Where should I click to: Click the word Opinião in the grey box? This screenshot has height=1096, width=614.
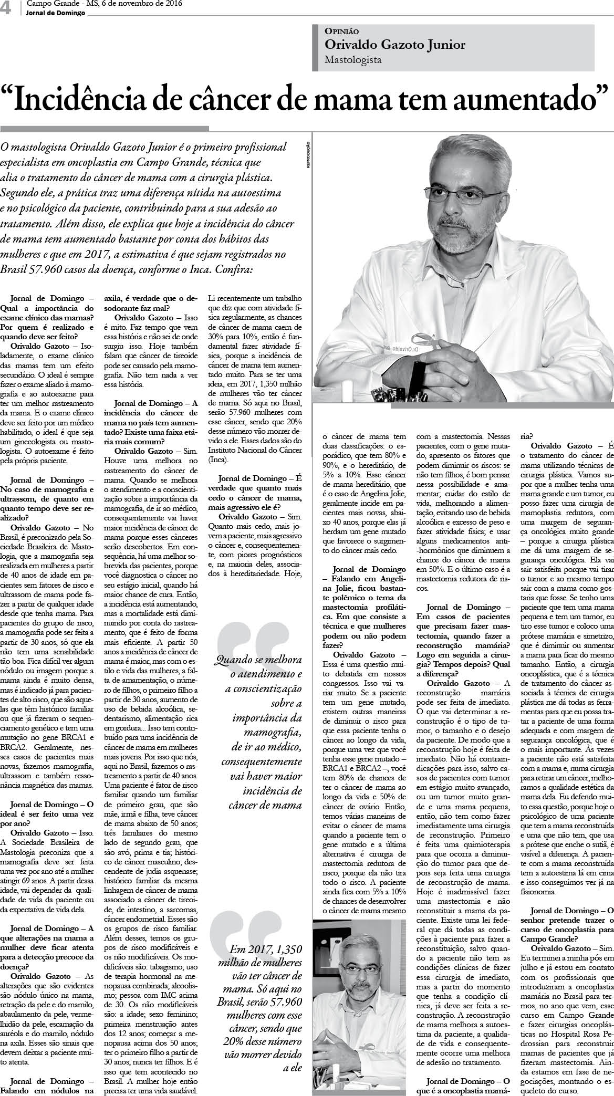(x=342, y=32)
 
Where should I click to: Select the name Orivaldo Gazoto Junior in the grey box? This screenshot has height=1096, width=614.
(x=395, y=45)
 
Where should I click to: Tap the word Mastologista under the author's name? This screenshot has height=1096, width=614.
(x=353, y=60)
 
